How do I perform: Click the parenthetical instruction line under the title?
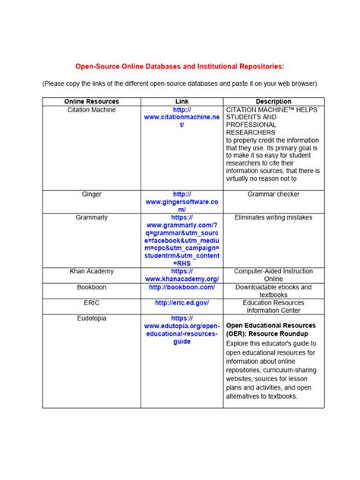pyautogui.click(x=179, y=83)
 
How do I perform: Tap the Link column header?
pyautogui.click(x=182, y=101)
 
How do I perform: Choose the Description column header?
pyautogui.click(x=273, y=101)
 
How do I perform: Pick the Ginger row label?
pyautogui.click(x=91, y=194)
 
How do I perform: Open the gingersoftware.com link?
pyautogui.click(x=182, y=202)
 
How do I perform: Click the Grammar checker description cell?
pyautogui.click(x=273, y=194)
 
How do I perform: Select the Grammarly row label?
pyautogui.click(x=91, y=217)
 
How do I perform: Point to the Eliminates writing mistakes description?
pyautogui.click(x=273, y=217)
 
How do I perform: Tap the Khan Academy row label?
pyautogui.click(x=91, y=270)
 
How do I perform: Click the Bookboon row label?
pyautogui.click(x=91, y=288)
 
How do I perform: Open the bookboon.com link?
pyautogui.click(x=182, y=288)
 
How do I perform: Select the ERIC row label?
pyautogui.click(x=91, y=302)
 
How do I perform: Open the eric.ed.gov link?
pyautogui.click(x=182, y=302)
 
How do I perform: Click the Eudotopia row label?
pyautogui.click(x=91, y=318)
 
